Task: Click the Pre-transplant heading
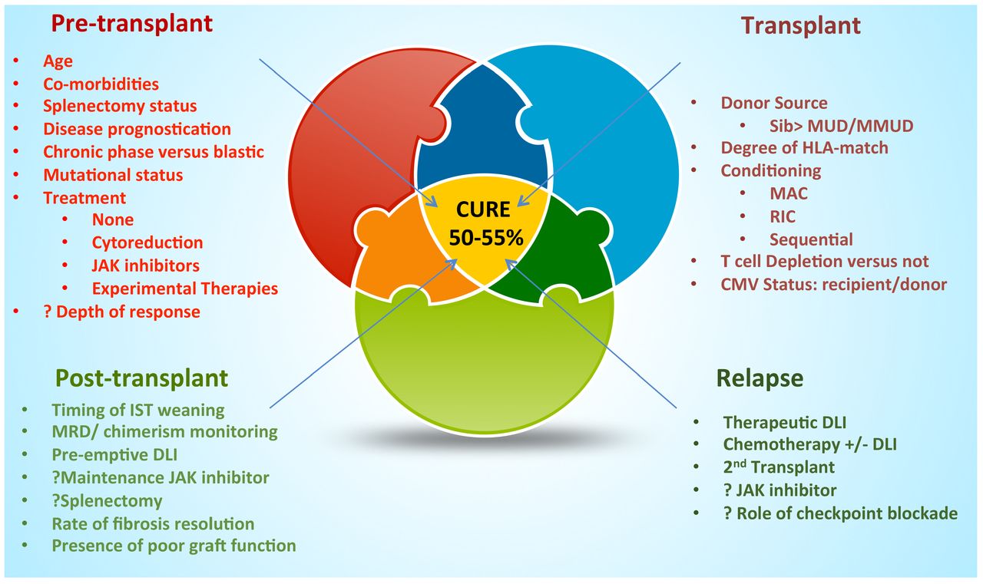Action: click(x=131, y=24)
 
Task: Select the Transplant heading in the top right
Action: click(x=801, y=25)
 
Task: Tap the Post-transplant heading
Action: click(x=141, y=378)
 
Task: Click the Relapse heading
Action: click(x=760, y=378)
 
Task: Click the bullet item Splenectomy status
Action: click(x=120, y=106)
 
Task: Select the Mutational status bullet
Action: click(x=113, y=175)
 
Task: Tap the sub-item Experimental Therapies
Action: click(x=184, y=289)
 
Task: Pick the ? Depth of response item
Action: click(x=121, y=312)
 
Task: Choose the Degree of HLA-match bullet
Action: click(x=804, y=147)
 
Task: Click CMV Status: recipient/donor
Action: click(x=833, y=284)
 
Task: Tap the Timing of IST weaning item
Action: click(x=138, y=410)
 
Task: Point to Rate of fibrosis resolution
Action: click(x=153, y=524)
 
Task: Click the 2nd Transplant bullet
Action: click(x=779, y=466)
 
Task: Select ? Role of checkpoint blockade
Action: click(x=840, y=513)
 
